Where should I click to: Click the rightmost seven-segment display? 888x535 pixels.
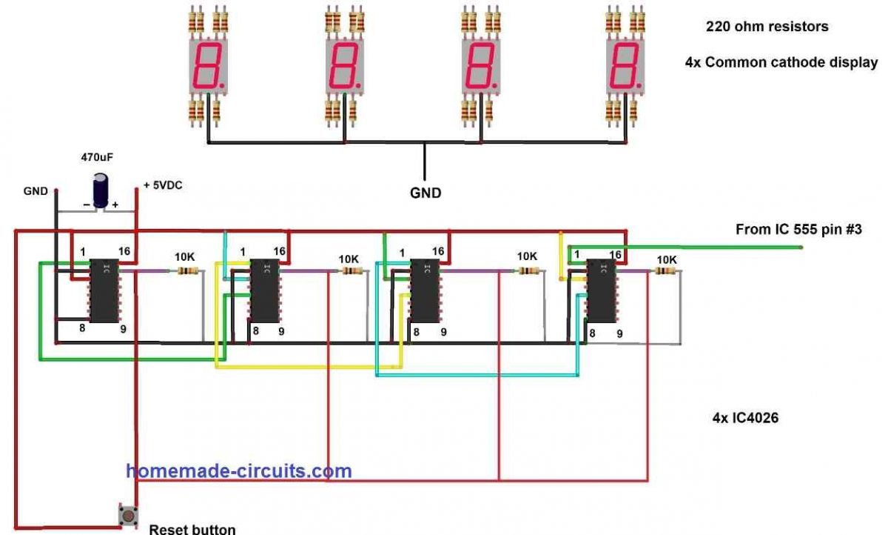[x=624, y=67]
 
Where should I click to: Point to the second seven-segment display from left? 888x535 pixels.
[x=344, y=67]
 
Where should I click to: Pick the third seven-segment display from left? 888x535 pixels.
[x=480, y=67]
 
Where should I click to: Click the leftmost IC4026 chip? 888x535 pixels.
[x=104, y=290]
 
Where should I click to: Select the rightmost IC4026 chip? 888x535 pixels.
[x=600, y=290]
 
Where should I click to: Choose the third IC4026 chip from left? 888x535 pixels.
[x=424, y=290]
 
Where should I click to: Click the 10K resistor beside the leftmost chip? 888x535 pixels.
[x=186, y=271]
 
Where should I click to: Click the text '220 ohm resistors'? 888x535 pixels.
[x=767, y=27]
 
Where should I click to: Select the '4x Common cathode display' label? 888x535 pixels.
[x=781, y=63]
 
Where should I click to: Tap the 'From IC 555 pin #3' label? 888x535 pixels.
[x=798, y=230]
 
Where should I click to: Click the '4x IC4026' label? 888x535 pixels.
[x=745, y=418]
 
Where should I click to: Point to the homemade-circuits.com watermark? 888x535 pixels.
[x=238, y=471]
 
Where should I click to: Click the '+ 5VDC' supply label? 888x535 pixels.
[x=163, y=185]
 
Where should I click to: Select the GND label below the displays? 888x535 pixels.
[x=426, y=193]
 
